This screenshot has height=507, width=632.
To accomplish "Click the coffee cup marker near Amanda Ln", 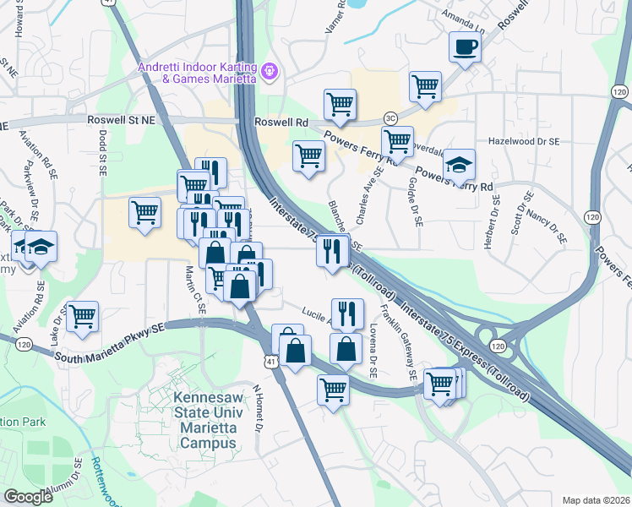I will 464,46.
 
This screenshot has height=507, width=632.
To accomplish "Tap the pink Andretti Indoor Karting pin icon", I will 269,73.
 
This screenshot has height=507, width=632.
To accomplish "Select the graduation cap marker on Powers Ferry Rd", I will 459,165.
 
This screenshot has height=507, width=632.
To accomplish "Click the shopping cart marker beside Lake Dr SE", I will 83,317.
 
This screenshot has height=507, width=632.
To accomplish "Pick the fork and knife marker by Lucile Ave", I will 347,313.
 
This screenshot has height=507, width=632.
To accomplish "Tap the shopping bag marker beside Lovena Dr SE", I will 346,348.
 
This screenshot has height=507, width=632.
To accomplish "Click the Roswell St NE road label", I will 122,121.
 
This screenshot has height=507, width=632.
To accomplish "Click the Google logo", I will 29,497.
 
